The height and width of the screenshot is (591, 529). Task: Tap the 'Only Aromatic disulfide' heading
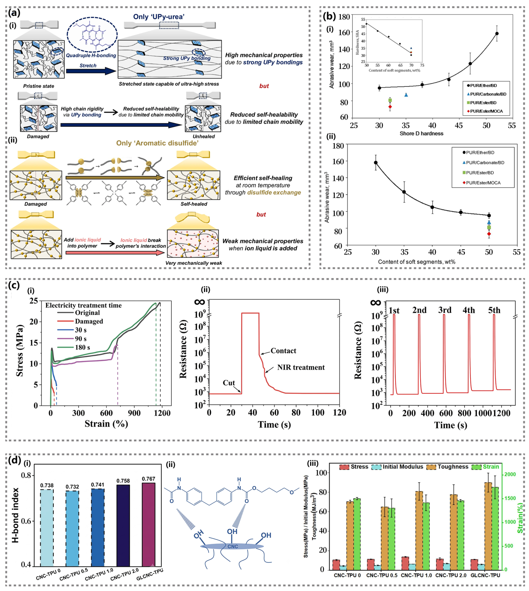point(157,143)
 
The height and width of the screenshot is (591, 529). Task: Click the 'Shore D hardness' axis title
point(421,134)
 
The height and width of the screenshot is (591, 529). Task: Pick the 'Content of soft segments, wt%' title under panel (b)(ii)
point(417,262)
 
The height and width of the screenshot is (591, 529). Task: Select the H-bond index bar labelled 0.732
point(72,529)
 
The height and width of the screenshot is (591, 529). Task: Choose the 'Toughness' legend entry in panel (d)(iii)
point(448,467)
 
